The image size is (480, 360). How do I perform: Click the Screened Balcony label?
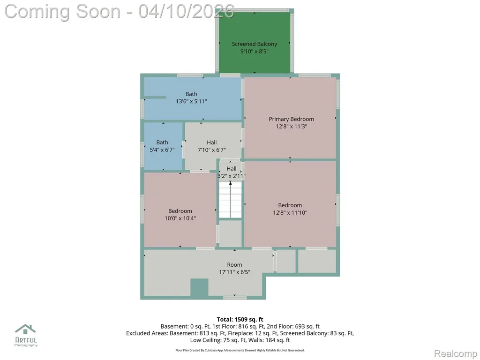255,44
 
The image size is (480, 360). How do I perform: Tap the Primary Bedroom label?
291,119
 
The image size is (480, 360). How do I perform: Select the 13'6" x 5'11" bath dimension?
191,101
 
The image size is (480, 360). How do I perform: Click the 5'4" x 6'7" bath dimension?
162,150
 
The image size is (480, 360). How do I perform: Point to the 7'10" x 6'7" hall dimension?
211,150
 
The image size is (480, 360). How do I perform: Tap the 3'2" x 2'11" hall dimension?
232,176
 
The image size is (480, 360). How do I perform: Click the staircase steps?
230,200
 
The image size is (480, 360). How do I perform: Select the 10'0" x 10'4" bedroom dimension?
180,218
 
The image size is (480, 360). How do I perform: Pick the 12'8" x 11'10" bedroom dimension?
290,213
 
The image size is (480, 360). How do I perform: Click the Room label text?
234,265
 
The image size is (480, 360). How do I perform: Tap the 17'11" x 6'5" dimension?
234,272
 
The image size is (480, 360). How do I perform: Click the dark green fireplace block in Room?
199,287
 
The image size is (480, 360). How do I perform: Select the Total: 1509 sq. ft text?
240,320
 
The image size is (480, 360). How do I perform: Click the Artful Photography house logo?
26,330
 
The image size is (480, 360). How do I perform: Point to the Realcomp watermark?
456,353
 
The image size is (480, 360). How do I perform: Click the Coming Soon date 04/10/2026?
187,12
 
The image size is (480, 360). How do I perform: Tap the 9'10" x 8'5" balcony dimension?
255,51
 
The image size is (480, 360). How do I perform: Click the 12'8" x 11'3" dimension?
292,127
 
